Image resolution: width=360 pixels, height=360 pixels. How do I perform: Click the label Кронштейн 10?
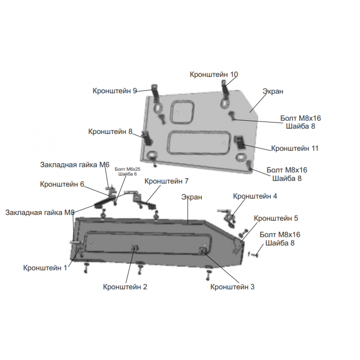pos(214,74)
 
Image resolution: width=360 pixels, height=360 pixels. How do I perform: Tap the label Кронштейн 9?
pos(115,91)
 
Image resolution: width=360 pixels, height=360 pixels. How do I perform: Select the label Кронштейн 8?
pos(110,132)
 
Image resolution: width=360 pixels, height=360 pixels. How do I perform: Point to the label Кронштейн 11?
pos(295,148)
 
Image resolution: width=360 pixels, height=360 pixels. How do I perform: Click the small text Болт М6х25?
pos(128,169)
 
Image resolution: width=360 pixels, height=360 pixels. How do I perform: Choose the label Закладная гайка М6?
pos(75,165)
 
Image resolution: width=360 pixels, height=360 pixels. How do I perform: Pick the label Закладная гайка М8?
pos(40,213)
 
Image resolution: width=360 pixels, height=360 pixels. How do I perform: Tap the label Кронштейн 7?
pos(166,181)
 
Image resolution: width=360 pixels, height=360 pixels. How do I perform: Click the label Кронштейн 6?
pos(62,184)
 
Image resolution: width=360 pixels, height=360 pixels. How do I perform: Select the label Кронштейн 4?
pos(255,196)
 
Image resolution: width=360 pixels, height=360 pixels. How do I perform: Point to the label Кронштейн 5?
pos(276,218)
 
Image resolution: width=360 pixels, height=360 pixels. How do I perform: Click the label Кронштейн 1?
pos(45,268)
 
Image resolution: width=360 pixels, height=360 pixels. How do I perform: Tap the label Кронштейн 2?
pos(125,287)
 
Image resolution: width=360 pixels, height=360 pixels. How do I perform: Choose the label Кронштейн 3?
pos(232,287)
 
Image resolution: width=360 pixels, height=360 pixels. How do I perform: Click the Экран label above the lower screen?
pos(192,197)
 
